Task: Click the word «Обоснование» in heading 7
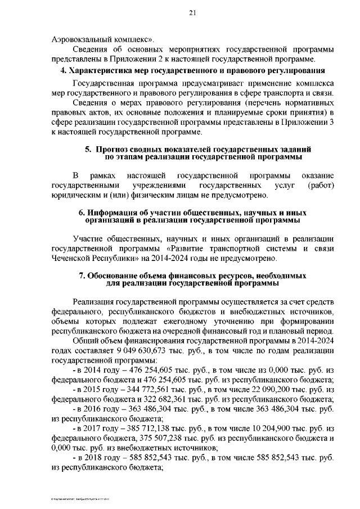(x=115, y=277)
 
